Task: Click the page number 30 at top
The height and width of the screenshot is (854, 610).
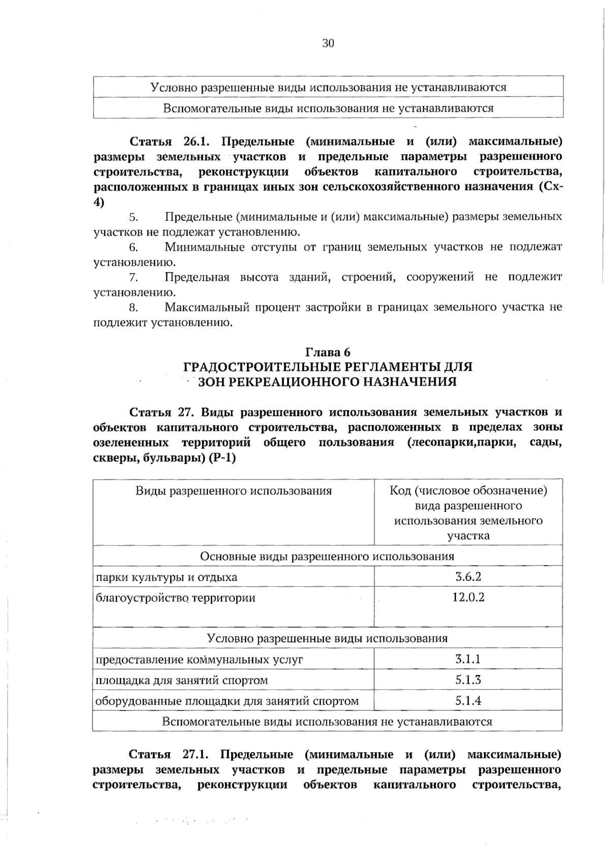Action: (328, 44)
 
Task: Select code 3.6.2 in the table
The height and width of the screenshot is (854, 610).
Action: (468, 577)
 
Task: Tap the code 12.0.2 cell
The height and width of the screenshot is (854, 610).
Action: (468, 597)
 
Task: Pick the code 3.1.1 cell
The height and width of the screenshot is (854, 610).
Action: (468, 659)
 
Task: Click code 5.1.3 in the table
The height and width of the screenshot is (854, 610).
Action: (468, 680)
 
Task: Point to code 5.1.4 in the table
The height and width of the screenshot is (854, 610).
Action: (468, 701)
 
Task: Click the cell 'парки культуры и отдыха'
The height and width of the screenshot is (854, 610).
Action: (167, 577)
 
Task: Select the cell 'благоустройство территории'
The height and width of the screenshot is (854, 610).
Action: (176, 598)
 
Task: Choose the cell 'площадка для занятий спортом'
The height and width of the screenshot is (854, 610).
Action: (182, 680)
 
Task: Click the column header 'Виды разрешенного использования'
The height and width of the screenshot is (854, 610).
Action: (233, 491)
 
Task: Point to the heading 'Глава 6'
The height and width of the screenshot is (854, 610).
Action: (328, 352)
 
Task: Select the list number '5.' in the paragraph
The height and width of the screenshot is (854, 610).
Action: (134, 217)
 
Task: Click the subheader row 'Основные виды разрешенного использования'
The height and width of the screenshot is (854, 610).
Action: (327, 556)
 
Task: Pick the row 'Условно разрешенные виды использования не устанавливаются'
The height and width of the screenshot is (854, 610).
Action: (328, 87)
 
